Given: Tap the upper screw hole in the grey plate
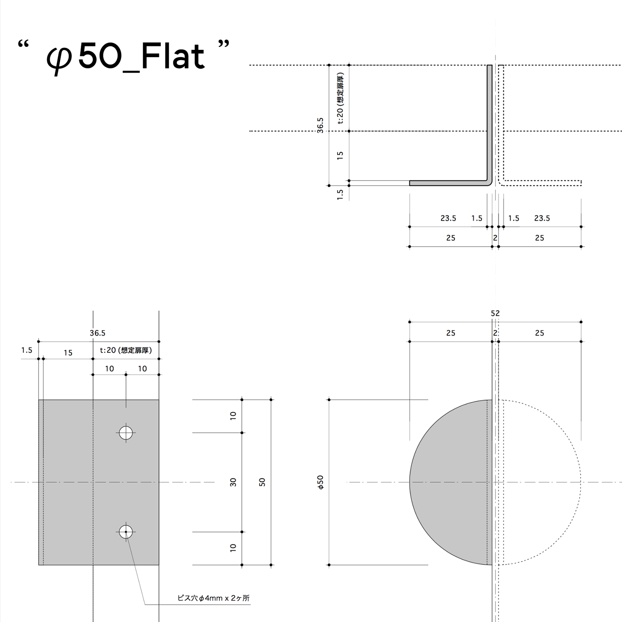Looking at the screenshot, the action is (126, 433).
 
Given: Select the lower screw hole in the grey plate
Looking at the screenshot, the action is (126, 532).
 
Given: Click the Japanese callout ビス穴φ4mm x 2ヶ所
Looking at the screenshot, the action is (213, 598).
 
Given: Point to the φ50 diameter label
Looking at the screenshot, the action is (320, 482).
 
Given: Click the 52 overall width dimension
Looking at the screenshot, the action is (495, 313).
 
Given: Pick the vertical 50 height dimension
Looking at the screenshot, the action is (262, 482).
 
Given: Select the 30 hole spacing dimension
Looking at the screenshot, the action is (233, 482).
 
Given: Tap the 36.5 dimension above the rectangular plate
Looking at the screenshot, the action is (97, 333).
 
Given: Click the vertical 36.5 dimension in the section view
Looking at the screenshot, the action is (320, 125).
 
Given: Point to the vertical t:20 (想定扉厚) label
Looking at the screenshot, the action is (340, 98).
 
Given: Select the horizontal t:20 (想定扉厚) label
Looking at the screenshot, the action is (126, 350).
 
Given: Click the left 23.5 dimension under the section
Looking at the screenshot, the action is (448, 218).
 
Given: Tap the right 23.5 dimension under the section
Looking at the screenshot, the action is (542, 218).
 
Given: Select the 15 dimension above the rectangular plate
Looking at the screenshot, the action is (68, 353).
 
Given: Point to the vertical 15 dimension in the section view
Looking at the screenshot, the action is (340, 155).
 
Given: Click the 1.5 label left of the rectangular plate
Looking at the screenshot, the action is (27, 350).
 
